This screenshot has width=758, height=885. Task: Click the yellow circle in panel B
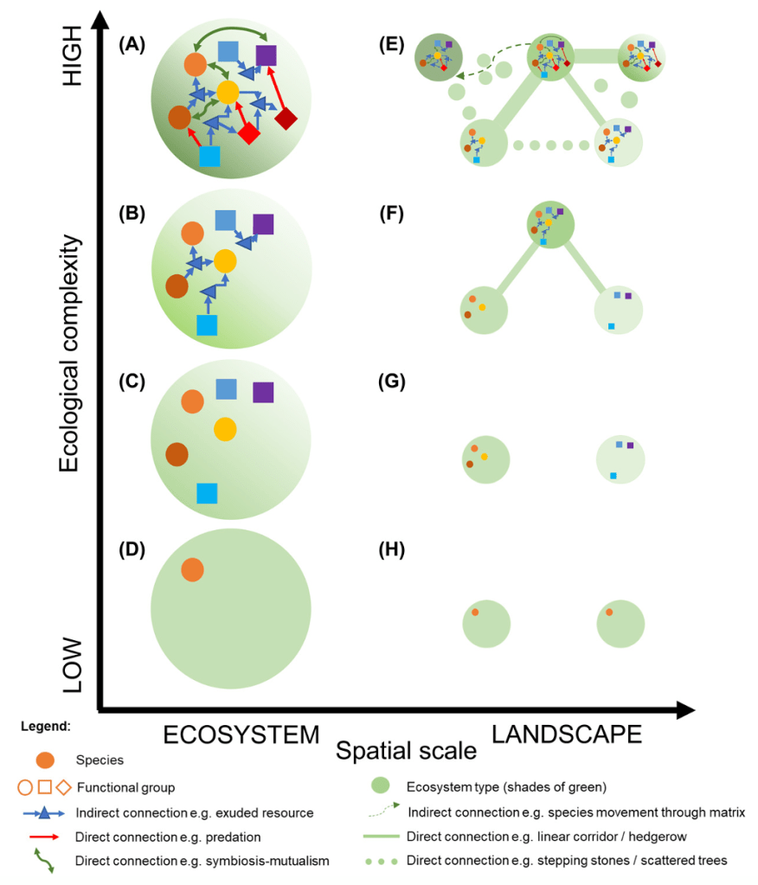click(x=225, y=260)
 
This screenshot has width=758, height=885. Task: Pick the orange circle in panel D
click(x=192, y=569)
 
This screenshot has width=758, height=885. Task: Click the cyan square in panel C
click(x=207, y=493)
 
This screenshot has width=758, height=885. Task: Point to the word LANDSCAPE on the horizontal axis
click(x=567, y=734)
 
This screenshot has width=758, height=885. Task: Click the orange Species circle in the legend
click(x=44, y=760)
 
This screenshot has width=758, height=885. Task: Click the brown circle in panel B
click(x=177, y=285)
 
